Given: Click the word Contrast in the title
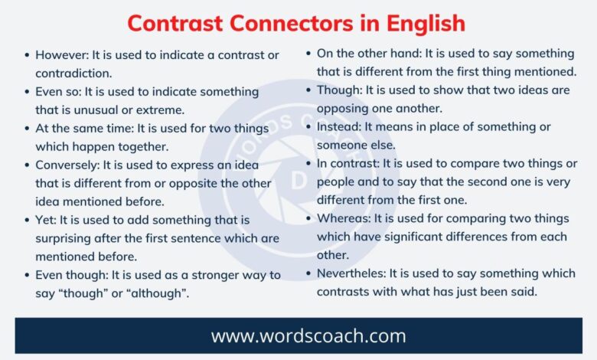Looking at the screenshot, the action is (175, 23).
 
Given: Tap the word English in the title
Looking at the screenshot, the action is (426, 25).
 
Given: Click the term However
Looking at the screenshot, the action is (62, 55).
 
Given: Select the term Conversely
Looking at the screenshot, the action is (68, 165).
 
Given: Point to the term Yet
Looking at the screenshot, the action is (46, 220).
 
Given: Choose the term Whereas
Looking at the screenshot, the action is (344, 218).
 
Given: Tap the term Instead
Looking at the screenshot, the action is (339, 127).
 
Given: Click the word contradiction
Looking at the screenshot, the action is (74, 74).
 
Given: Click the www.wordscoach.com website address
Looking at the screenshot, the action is (308, 336).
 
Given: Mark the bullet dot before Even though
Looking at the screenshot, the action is (27, 275).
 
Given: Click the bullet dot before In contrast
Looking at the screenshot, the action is (308, 164).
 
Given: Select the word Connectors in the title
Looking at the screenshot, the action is (292, 23).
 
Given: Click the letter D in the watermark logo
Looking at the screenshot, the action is (298, 182).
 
